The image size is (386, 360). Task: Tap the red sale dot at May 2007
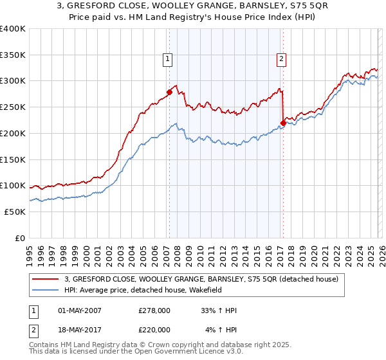tap(169, 92)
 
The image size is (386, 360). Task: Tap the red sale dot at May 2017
tap(283, 123)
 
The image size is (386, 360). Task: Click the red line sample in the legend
tap(47, 278)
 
